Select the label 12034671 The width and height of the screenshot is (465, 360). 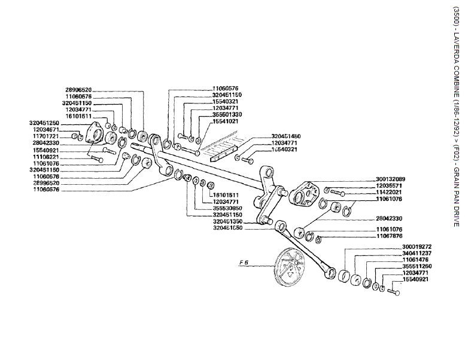click(45, 130)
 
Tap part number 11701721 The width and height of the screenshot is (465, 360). click(45, 136)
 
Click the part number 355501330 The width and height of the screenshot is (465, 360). click(227, 114)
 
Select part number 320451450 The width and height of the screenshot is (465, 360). click(287, 136)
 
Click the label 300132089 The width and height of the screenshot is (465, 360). click(391, 179)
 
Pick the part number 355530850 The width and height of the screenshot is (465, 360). click(227, 208)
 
